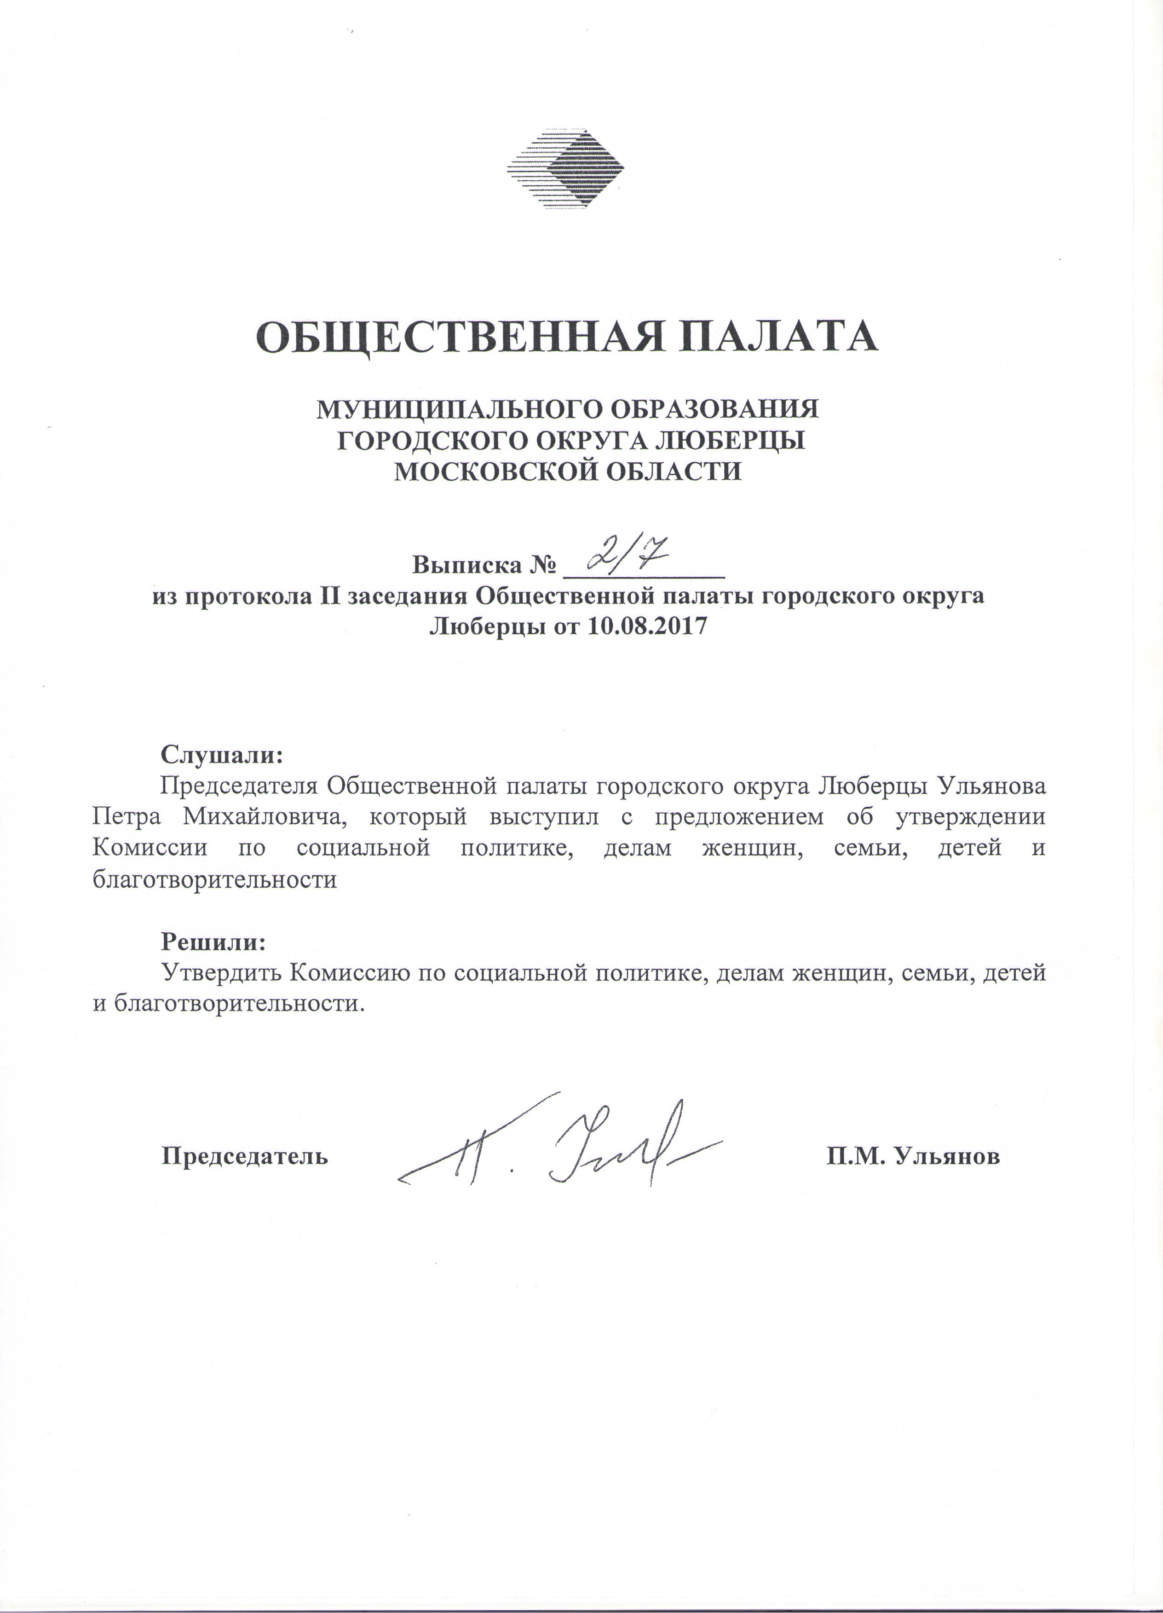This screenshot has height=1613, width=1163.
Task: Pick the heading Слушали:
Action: [223, 754]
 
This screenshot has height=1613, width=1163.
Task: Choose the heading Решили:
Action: [213, 942]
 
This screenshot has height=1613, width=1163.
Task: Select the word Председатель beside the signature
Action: [245, 1156]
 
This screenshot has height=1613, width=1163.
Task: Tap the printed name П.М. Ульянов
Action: [913, 1156]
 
